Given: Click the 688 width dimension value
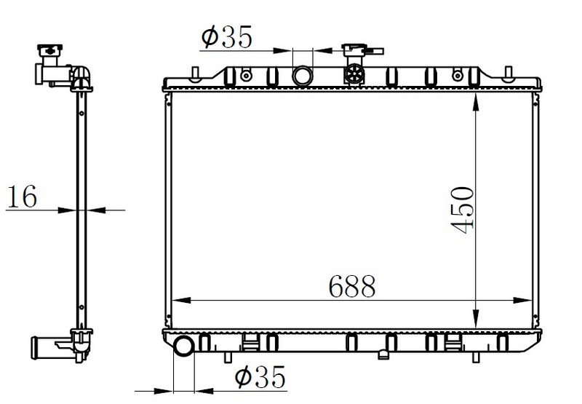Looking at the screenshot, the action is (352, 286).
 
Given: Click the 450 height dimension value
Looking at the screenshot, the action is (462, 210).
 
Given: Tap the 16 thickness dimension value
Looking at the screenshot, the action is (23, 196).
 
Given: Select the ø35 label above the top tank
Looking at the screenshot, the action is (226, 36).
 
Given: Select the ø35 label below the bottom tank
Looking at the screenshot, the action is (260, 377).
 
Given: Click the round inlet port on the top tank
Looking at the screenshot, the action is (303, 76).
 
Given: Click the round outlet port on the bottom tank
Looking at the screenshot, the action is (184, 346).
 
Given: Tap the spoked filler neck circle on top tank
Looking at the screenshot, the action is (354, 74).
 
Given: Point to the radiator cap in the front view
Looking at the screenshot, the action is (362, 50).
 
